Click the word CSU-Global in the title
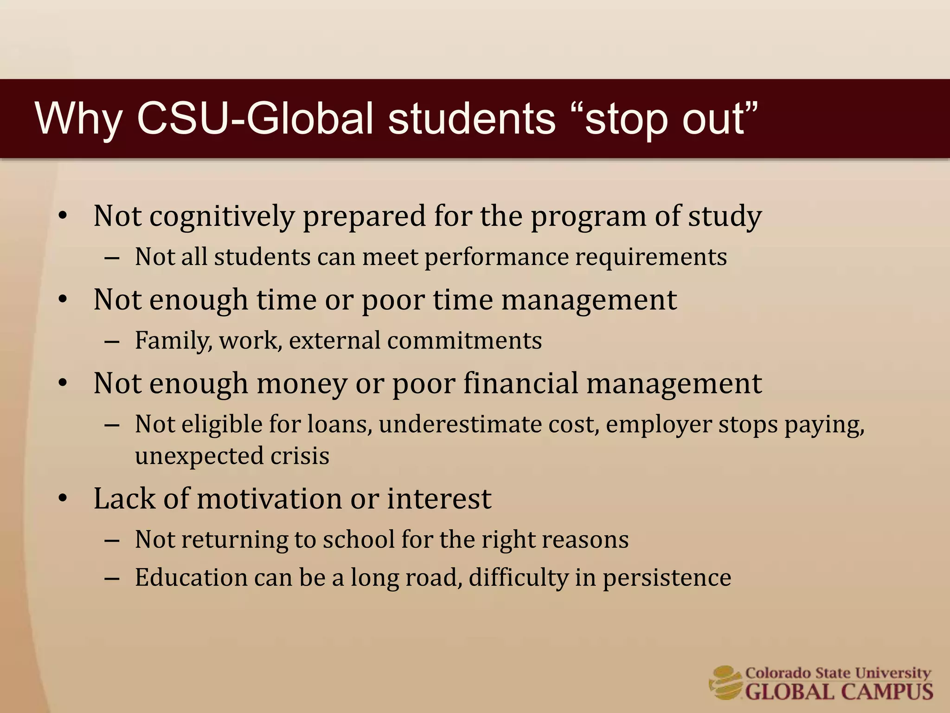pyautogui.click(x=255, y=119)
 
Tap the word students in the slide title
pyautogui.click(x=471, y=119)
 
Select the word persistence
pyautogui.click(x=667, y=577)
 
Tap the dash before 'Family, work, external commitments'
pyautogui.click(x=112, y=342)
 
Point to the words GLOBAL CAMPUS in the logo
pyautogui.click(x=839, y=691)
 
